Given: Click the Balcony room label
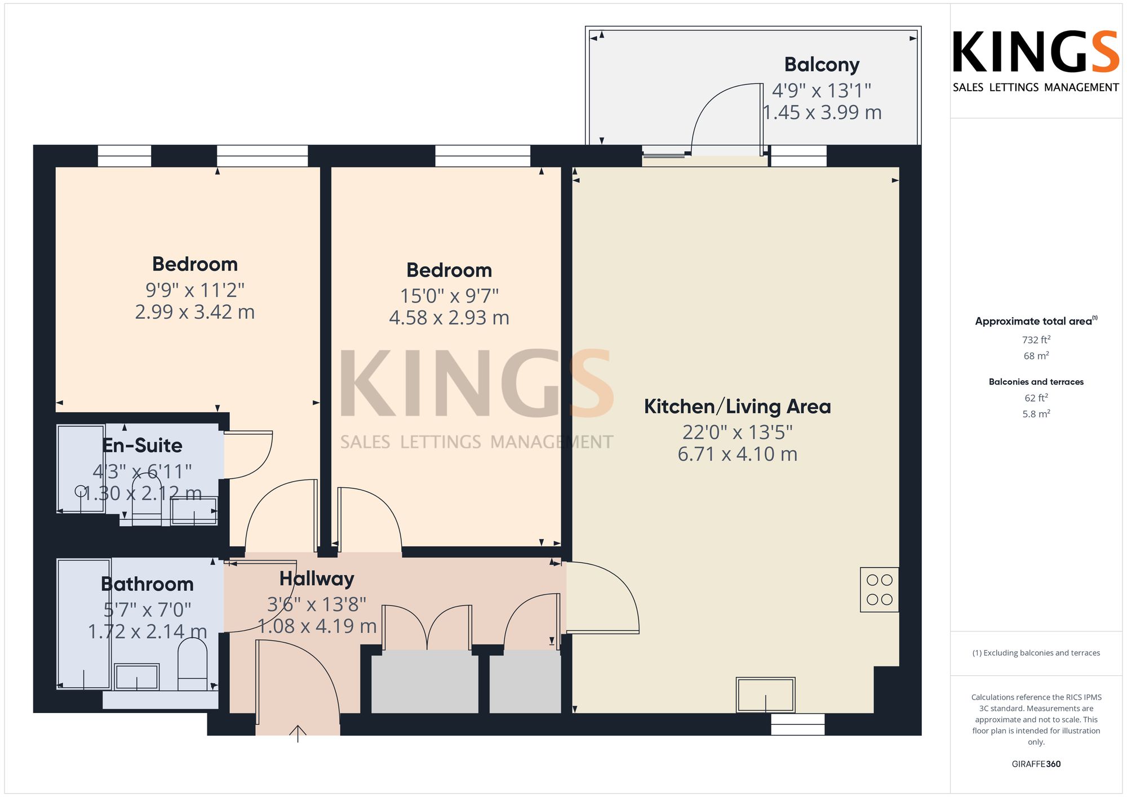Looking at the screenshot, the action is point(822,65).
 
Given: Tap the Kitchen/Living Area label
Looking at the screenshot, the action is point(737,407).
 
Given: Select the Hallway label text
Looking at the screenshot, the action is point(317,578).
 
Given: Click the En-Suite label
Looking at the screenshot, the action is point(143,446).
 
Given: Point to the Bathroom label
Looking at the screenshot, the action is point(147,584).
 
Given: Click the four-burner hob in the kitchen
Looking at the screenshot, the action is point(879,590).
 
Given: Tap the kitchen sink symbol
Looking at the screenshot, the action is point(765,695).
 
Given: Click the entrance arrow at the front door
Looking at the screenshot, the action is point(298,734).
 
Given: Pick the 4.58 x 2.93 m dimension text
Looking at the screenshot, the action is point(449,318).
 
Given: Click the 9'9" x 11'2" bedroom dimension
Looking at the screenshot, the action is point(195,290).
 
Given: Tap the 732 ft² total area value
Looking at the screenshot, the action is point(1036,340).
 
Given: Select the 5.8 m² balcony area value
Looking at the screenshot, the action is point(1036,414).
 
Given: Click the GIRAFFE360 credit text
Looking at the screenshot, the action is point(1036,764).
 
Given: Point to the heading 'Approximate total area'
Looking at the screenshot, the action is point(1036,321).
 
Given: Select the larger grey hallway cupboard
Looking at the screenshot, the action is point(424,682).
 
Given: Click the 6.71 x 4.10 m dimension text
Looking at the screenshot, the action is point(737,454).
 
